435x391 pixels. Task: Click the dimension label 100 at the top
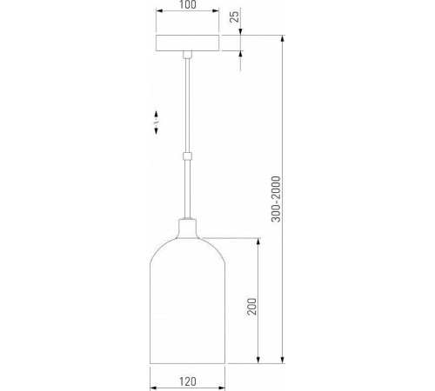click(188, 4)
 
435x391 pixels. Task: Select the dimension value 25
click(235, 17)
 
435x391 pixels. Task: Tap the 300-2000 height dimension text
click(276, 199)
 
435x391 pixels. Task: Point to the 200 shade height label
click(251, 306)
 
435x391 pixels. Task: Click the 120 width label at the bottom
click(188, 381)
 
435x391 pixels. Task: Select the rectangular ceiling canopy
click(187, 43)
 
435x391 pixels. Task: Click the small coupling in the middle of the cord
click(187, 156)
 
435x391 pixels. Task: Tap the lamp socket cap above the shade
click(187, 229)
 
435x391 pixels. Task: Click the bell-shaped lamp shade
click(187, 301)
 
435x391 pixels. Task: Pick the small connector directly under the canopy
click(187, 55)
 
